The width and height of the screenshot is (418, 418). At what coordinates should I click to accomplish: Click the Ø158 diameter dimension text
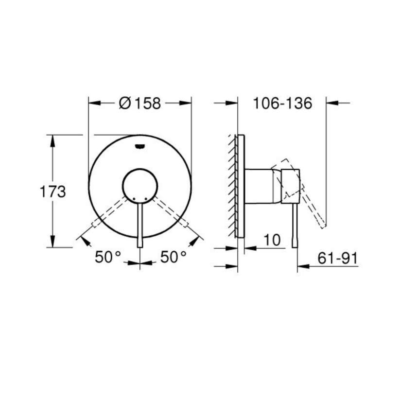coord(139,103)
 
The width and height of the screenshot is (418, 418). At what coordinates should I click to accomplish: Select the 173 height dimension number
coord(52,192)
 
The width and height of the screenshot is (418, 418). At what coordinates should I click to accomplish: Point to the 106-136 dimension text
coord(282,103)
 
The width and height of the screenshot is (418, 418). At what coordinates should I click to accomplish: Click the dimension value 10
coord(273,240)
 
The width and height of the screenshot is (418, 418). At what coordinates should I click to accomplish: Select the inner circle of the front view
coord(139,185)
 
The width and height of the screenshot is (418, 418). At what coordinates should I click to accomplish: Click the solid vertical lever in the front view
coord(140,224)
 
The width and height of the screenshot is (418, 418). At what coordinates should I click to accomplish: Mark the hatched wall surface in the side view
coord(230,185)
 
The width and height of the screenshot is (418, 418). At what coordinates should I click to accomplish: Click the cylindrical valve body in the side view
coord(260,185)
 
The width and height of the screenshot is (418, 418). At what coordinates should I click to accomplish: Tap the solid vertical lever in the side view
coord(295,224)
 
